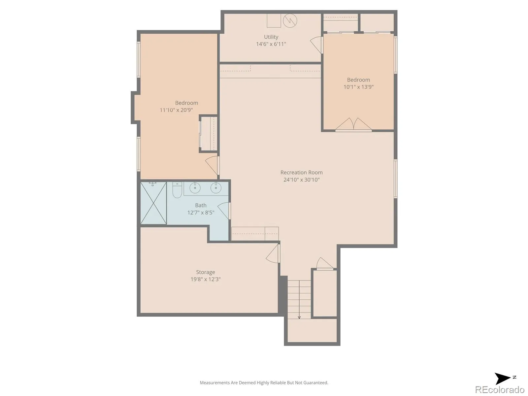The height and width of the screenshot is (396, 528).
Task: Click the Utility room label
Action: click(271, 37)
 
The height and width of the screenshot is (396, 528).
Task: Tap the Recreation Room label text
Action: click(301, 172)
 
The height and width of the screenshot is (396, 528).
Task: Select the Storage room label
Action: click(205, 272)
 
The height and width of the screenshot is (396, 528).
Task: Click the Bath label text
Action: click(201, 205)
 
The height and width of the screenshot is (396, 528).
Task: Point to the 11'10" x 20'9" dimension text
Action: click(176, 110)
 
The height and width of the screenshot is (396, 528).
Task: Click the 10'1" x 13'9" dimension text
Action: click(358, 87)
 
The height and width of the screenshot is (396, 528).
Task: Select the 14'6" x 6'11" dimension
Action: click(271, 44)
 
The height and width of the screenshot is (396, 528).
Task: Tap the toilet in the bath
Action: click(177, 190)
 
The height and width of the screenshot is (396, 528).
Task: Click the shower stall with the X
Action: click(153, 203)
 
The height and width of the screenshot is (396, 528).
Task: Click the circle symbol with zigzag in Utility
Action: click(290, 20)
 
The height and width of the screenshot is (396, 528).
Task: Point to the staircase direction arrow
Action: click(299, 299)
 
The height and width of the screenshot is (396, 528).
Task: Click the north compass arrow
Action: click(502, 379)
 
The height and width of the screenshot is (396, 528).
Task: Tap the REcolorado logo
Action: click(499, 389)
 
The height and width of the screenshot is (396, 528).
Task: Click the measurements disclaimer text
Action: click(264, 382)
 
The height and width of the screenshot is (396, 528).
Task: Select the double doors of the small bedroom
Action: click(353, 124)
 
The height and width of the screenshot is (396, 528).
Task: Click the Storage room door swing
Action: click(273, 253)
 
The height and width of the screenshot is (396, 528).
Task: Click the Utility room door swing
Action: click(316, 45)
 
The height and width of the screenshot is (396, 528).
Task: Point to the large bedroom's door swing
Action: click(212, 165)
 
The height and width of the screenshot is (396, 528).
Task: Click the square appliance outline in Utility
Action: click(274, 20)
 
